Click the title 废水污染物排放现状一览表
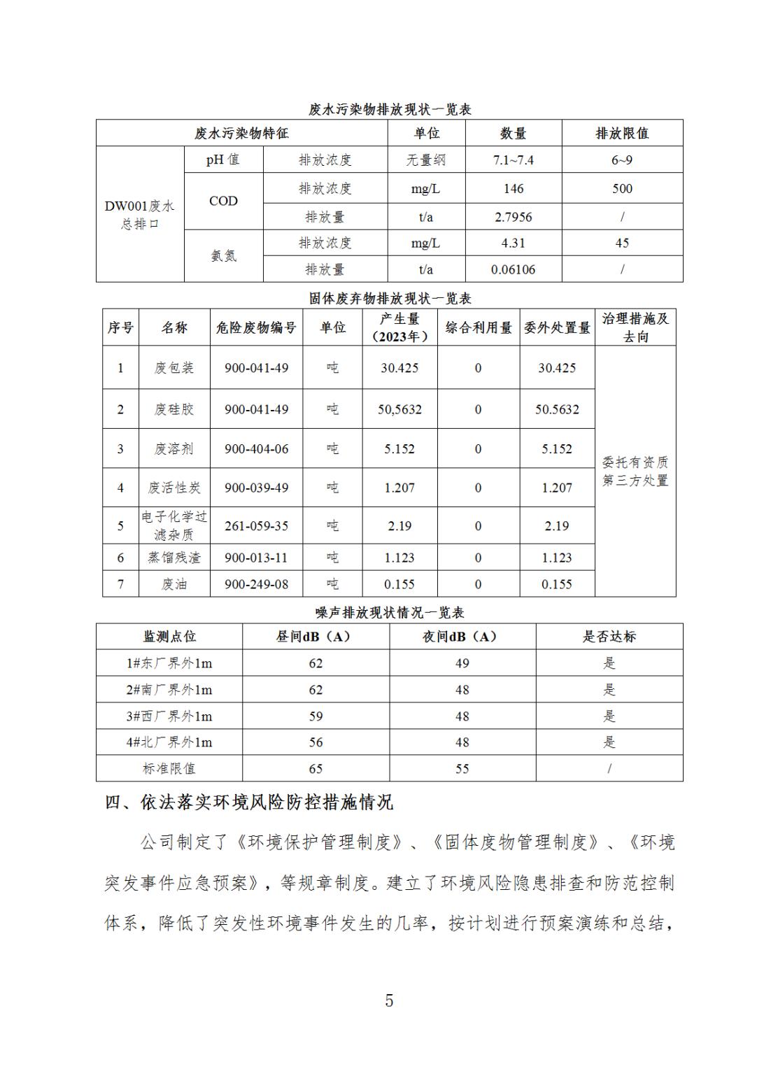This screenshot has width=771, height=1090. (x=390, y=109)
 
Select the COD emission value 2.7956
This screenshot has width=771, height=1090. (x=513, y=217)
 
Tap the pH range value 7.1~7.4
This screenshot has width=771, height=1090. (x=513, y=160)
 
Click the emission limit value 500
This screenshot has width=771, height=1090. (x=621, y=189)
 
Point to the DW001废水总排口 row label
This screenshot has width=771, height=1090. (x=140, y=215)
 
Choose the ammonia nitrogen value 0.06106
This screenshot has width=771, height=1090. (x=513, y=269)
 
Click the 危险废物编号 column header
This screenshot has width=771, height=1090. (x=256, y=327)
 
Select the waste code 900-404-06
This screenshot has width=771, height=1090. (x=256, y=448)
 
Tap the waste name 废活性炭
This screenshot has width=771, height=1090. (x=174, y=488)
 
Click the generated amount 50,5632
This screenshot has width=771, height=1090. (x=399, y=409)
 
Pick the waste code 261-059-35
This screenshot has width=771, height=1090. (x=256, y=525)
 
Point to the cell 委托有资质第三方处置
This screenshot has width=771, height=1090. (x=635, y=471)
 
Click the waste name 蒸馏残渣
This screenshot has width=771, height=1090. (x=174, y=558)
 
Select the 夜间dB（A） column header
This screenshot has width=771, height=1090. (x=462, y=637)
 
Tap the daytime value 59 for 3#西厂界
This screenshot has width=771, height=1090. (x=316, y=716)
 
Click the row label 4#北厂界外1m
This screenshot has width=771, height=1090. (x=169, y=742)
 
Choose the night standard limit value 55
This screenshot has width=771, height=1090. (x=462, y=768)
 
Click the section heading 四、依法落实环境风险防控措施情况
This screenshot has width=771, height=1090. (x=249, y=802)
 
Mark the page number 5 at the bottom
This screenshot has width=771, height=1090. (x=389, y=1000)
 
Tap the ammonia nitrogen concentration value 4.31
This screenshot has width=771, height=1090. (x=513, y=243)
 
